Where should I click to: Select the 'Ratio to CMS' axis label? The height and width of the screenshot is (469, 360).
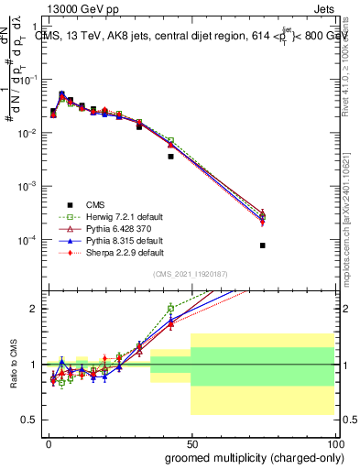pyautogui.click(x=13, y=364)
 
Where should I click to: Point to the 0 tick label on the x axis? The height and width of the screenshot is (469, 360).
pyautogui.click(x=49, y=442)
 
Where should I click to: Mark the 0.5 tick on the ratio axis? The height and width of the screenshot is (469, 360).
pyautogui.click(x=31, y=420)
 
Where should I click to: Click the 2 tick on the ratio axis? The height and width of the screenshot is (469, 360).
pyautogui.click(x=35, y=309)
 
